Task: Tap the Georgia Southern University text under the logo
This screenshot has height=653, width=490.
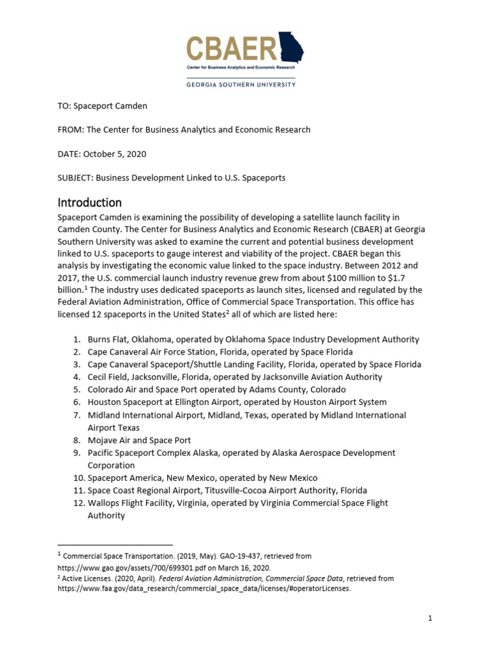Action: [x=241, y=84]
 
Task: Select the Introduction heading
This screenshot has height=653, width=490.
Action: [x=89, y=203]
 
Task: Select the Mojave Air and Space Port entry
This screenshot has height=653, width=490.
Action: [x=139, y=440]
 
